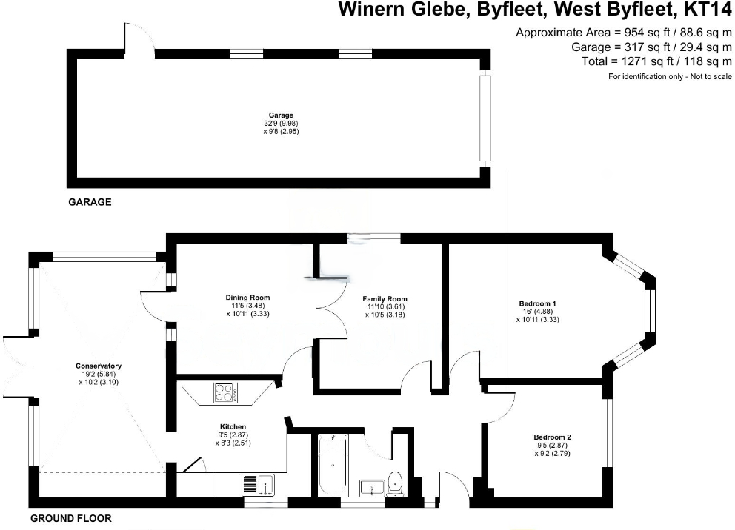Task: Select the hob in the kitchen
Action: pos(223,393)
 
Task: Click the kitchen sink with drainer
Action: pos(258,485)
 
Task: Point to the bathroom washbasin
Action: pos(370,487)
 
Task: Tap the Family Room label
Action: pos(385,299)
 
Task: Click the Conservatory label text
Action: pos(99,366)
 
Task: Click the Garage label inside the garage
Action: pos(280,115)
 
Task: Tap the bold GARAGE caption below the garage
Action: pos(90,201)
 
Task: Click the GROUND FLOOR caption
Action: pos(71,519)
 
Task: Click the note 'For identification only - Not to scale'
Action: pos(670,76)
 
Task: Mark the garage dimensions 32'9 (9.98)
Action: pos(281,123)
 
